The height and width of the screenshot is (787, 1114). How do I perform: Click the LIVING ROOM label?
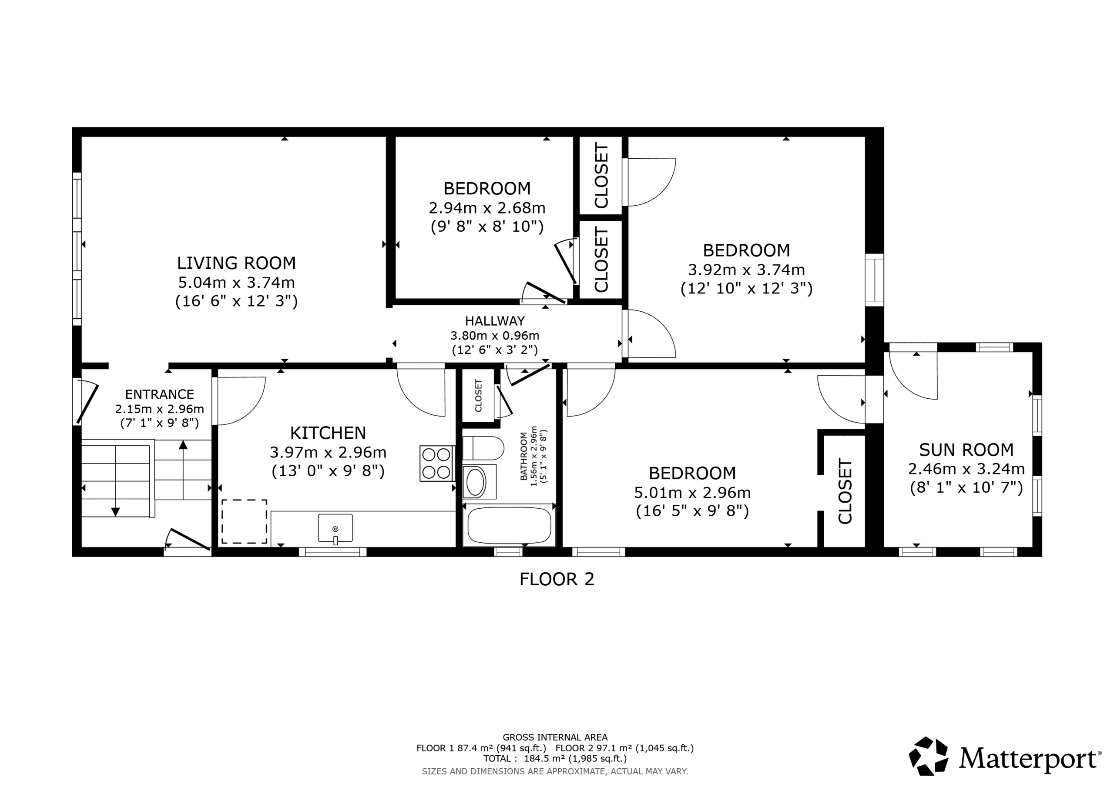click(236, 263)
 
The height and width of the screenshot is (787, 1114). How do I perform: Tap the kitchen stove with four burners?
click(436, 464)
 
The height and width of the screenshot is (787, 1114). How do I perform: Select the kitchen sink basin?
click(335, 527)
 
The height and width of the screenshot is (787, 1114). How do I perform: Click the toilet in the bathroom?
click(483, 448)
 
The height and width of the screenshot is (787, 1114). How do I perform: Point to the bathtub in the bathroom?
click(509, 526)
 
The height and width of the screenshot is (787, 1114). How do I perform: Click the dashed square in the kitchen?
click(244, 522)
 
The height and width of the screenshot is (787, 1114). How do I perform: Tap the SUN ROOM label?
click(966, 450)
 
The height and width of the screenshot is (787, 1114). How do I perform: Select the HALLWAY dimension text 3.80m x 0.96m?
click(494, 336)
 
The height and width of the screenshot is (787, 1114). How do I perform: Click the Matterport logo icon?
click(928, 756)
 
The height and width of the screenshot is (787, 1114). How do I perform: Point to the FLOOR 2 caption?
click(557, 579)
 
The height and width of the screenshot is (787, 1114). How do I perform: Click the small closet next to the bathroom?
click(478, 395)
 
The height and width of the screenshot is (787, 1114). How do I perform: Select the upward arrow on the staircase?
click(183, 445)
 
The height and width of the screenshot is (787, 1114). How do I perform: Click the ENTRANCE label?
click(159, 394)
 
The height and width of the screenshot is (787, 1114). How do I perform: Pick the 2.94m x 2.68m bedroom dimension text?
click(487, 208)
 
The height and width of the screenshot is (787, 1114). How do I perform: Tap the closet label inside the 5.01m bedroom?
click(845, 491)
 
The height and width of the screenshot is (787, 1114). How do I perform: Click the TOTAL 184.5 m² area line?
click(554, 758)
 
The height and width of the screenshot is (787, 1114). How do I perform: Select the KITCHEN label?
click(328, 433)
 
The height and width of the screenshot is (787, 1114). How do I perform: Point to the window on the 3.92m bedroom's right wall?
click(874, 280)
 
